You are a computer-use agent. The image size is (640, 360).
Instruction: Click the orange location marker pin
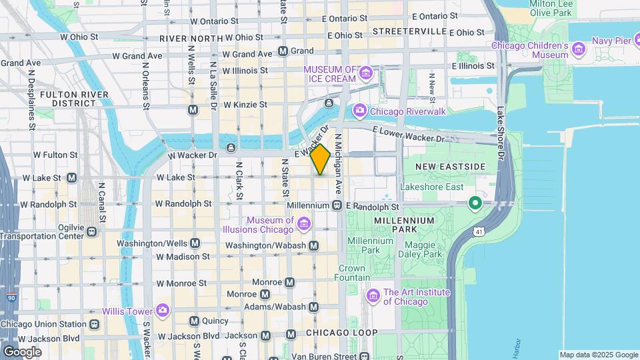click(x=321, y=159)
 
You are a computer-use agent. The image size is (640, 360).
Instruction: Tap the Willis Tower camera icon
click(x=162, y=311)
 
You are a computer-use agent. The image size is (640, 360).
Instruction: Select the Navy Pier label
click(x=611, y=41)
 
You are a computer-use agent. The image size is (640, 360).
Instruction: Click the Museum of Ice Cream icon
click(x=366, y=72)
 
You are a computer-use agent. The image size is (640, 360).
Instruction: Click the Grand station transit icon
click(x=283, y=51)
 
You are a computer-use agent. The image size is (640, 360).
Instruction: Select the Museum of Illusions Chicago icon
click(x=304, y=223)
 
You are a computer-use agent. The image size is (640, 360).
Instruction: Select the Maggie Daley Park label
click(x=420, y=249)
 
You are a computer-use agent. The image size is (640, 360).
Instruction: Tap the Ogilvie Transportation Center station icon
click(x=91, y=231)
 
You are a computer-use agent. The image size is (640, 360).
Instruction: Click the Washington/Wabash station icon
click(x=314, y=246)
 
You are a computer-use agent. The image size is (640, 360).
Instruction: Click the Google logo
click(x=22, y=351)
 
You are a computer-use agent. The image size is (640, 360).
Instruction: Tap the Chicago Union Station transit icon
click(x=95, y=325)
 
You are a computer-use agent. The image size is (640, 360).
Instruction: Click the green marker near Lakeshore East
click(x=475, y=202)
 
